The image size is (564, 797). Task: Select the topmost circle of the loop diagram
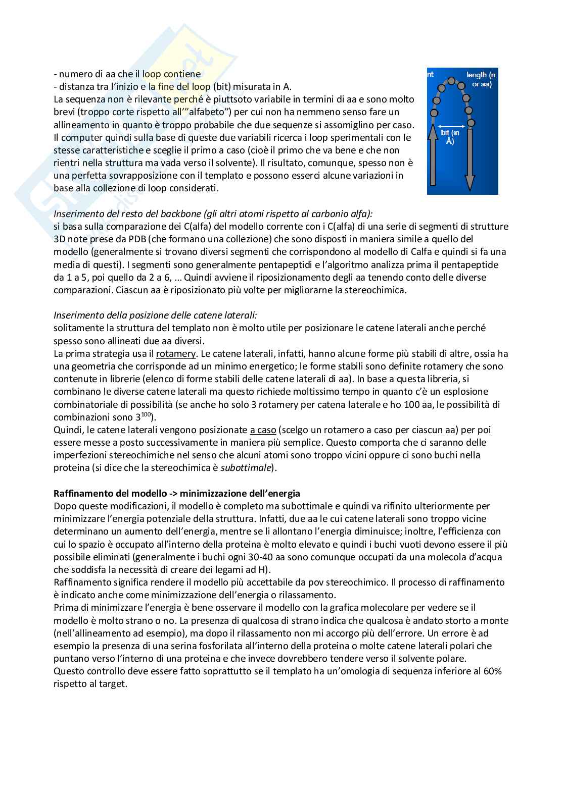click(x=451, y=81)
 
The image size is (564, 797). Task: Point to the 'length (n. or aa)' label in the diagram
click(x=481, y=80)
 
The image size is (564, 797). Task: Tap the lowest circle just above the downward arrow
click(x=472, y=122)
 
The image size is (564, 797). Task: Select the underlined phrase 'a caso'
click(x=263, y=430)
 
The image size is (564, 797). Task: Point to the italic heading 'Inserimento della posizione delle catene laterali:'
click(x=155, y=315)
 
